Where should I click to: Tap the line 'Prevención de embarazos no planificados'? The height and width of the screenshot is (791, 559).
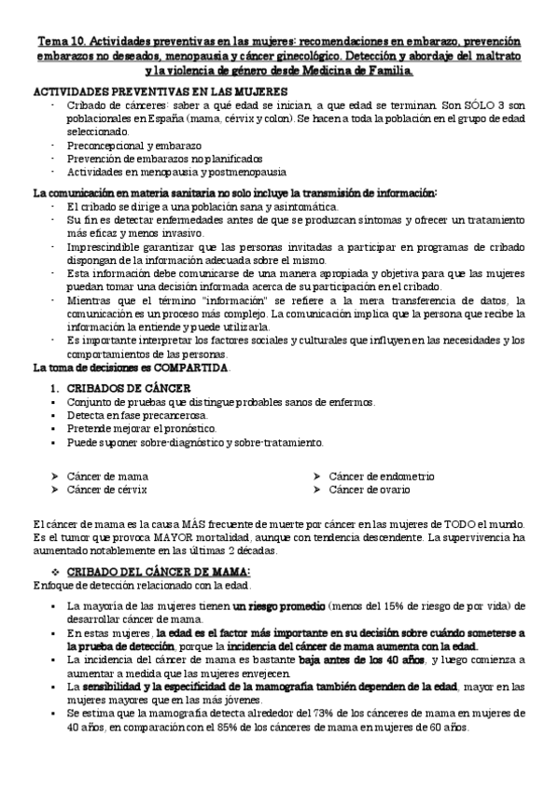point(164,159)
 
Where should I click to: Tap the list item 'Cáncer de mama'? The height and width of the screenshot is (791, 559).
point(107,476)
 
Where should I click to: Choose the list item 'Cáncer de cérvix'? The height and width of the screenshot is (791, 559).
point(106,489)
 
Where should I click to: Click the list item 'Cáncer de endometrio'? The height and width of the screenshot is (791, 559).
point(383,476)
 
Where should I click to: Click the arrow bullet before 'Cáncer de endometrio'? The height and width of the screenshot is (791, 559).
point(317,476)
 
